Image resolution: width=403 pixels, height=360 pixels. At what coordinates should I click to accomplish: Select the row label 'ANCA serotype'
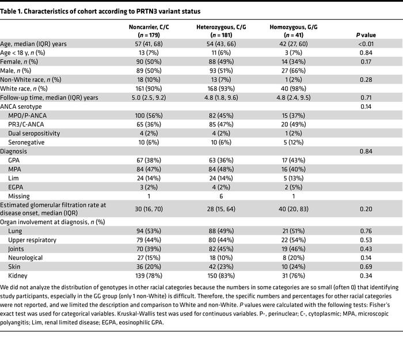pyautogui.click(x=22, y=107)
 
